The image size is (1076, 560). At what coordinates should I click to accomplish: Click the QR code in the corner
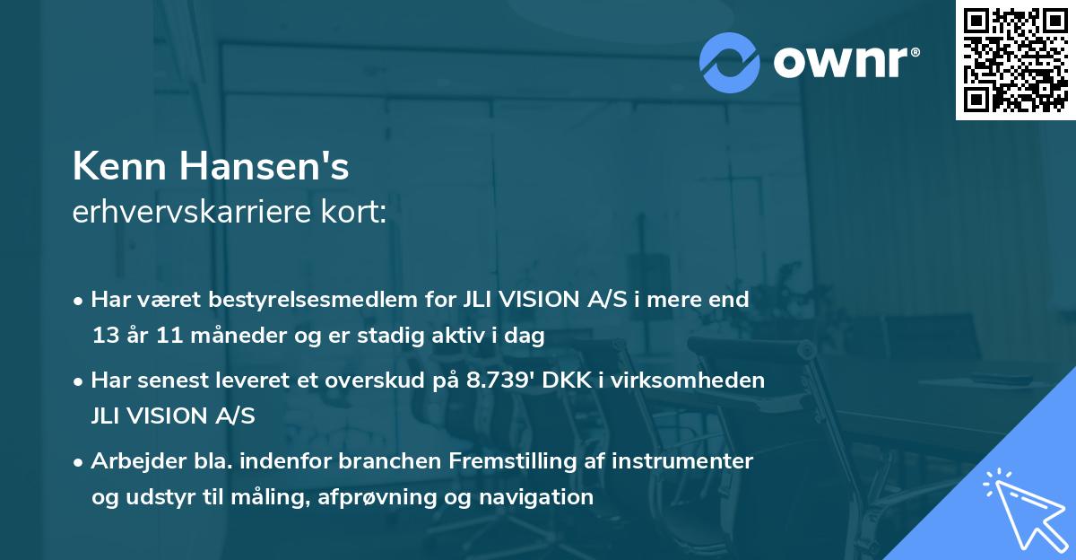1015,60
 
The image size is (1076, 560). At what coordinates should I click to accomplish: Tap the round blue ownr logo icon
729,62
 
